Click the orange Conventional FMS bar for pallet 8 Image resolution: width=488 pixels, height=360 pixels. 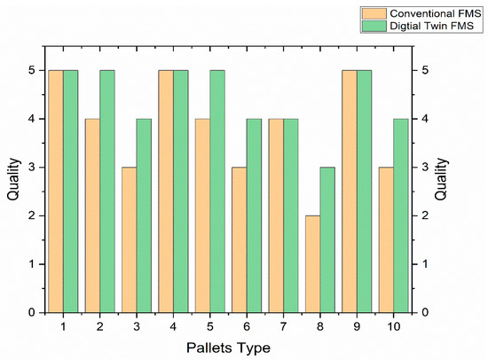pyautogui.click(x=312, y=264)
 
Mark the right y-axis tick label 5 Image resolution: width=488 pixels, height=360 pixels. pyautogui.click(x=425, y=70)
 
